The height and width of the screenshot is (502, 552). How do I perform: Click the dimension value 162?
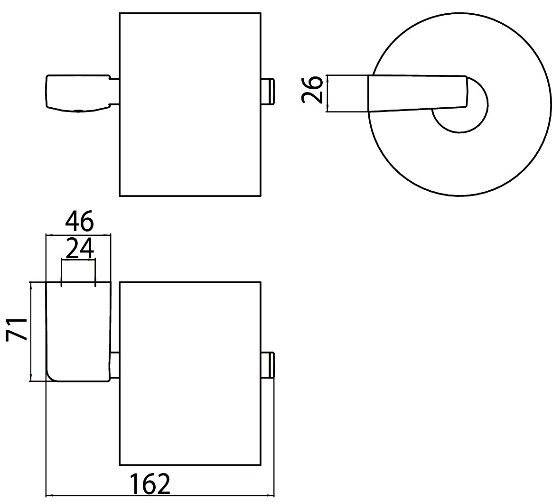150,483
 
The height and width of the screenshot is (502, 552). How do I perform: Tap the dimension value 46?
79,221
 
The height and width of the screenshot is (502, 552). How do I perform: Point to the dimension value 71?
16,329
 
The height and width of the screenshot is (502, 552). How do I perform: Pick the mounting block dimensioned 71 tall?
78,332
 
